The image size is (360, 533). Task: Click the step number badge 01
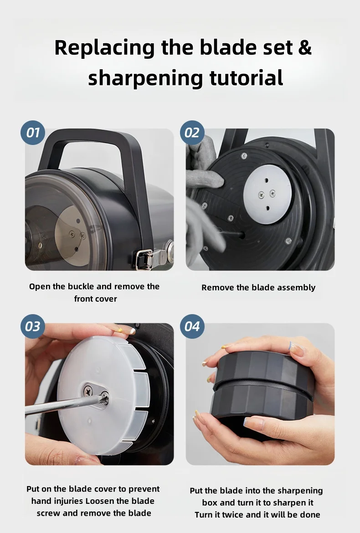[x=33, y=133]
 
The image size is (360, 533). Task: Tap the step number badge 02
[x=192, y=133]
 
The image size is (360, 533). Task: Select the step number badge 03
[x=33, y=326]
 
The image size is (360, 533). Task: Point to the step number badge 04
[x=192, y=326]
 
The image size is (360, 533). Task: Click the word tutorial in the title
[x=246, y=78]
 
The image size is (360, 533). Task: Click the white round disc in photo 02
[x=267, y=194]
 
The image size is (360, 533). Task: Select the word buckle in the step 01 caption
[x=81, y=286]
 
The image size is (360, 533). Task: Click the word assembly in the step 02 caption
[x=296, y=288]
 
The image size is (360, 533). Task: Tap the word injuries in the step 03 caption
[x=67, y=501]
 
